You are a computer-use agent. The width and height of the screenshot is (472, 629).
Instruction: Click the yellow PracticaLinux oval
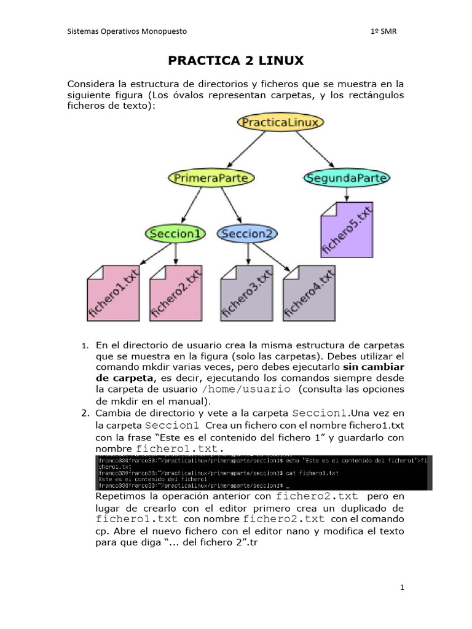[280, 122]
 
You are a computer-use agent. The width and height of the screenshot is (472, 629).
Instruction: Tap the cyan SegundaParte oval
[347, 178]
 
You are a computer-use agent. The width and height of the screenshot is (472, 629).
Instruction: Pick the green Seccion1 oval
[175, 233]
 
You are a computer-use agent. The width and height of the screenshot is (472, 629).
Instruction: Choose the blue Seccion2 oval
[247, 233]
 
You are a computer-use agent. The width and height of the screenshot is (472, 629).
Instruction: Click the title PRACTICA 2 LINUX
[236, 60]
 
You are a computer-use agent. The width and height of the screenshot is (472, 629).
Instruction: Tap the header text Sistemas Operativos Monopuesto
[127, 31]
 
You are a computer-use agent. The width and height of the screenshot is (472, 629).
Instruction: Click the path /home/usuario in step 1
[246, 389]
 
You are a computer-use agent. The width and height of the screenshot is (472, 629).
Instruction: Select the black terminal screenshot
[264, 472]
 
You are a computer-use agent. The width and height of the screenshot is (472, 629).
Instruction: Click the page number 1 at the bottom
[402, 588]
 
